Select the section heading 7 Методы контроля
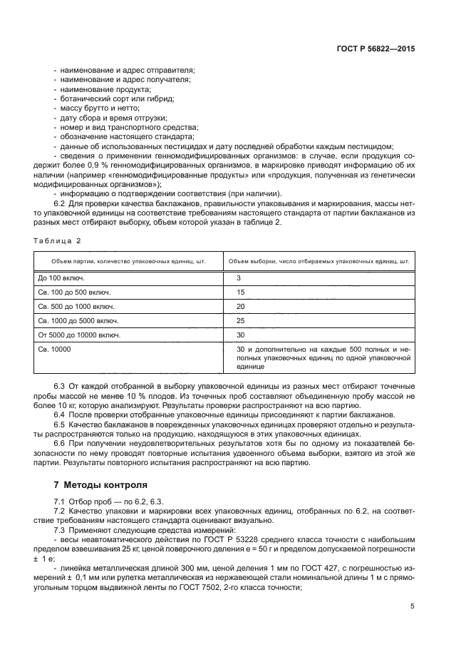pyautogui.click(x=101, y=483)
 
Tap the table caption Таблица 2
pyautogui.click(x=58, y=240)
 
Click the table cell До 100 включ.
pyautogui.click(x=61, y=277)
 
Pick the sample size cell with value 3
pyautogui.click(x=239, y=277)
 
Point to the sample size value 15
pyautogui.click(x=240, y=292)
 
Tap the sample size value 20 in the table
pyautogui.click(x=240, y=306)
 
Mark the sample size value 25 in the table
pyautogui.click(x=240, y=320)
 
